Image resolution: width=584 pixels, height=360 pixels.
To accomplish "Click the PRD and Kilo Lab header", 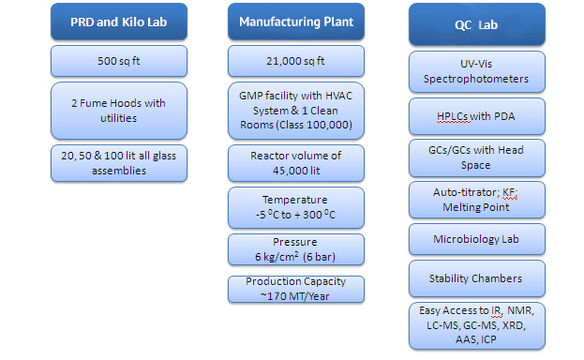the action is click(x=119, y=22).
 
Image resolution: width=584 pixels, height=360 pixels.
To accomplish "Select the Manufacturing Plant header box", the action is click(x=296, y=22).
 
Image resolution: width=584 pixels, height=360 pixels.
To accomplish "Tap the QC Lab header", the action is click(x=477, y=24).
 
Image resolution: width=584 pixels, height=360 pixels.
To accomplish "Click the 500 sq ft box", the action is click(x=119, y=61).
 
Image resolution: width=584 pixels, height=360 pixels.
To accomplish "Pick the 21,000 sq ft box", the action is click(x=296, y=61).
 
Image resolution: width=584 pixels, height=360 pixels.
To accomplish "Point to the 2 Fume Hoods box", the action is click(x=119, y=111).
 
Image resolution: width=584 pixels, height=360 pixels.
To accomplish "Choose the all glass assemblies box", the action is click(x=119, y=163).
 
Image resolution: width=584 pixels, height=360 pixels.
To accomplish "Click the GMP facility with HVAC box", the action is click(x=296, y=111).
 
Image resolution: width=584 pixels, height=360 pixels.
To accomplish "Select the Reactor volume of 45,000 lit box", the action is click(x=296, y=163).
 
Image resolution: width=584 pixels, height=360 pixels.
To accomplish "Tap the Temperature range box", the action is click(x=296, y=207).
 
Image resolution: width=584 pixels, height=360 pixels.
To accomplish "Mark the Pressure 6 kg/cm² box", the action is click(x=296, y=249).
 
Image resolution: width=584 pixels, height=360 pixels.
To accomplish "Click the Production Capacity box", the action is click(x=296, y=289).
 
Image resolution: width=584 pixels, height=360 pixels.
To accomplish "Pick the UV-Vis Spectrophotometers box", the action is click(x=477, y=71).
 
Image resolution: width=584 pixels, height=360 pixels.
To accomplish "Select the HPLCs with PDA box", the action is click(x=477, y=116).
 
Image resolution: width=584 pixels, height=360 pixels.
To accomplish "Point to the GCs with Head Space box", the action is click(x=477, y=158).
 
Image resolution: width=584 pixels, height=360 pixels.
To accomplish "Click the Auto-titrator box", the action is click(x=477, y=200).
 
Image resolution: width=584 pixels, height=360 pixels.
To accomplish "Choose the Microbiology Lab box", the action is click(x=477, y=239).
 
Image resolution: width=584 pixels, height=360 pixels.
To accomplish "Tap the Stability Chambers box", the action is click(x=477, y=278).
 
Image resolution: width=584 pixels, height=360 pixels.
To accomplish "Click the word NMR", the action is click(x=520, y=310).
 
